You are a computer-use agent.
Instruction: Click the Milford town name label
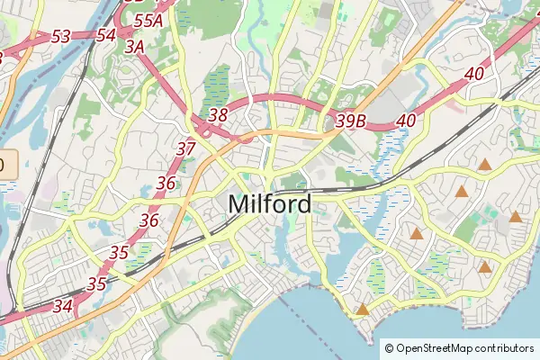(x=270, y=204)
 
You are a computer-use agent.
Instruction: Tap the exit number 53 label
(x=61, y=37)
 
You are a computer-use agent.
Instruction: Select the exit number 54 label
(x=105, y=35)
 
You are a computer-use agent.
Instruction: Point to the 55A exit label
(x=148, y=20)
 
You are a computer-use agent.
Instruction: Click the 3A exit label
(x=135, y=46)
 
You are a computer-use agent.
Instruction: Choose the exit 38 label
(x=218, y=115)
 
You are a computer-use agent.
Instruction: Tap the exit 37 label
(x=186, y=148)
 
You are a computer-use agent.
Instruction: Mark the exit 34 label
(x=63, y=306)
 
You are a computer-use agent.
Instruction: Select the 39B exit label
(x=350, y=120)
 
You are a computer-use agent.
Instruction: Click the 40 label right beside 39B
(x=406, y=120)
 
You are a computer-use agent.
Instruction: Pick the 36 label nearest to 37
(x=166, y=183)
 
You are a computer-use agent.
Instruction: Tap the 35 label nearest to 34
(x=97, y=283)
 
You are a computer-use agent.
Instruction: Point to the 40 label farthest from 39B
(x=476, y=73)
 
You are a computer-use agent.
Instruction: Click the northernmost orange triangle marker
(x=485, y=165)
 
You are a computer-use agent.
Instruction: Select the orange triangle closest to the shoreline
(x=363, y=310)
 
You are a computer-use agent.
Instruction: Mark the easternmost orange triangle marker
(x=516, y=217)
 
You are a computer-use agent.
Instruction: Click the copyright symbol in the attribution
(x=390, y=348)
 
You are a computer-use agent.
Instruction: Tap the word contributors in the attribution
(x=504, y=348)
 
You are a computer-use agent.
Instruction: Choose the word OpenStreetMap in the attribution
(x=435, y=348)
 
